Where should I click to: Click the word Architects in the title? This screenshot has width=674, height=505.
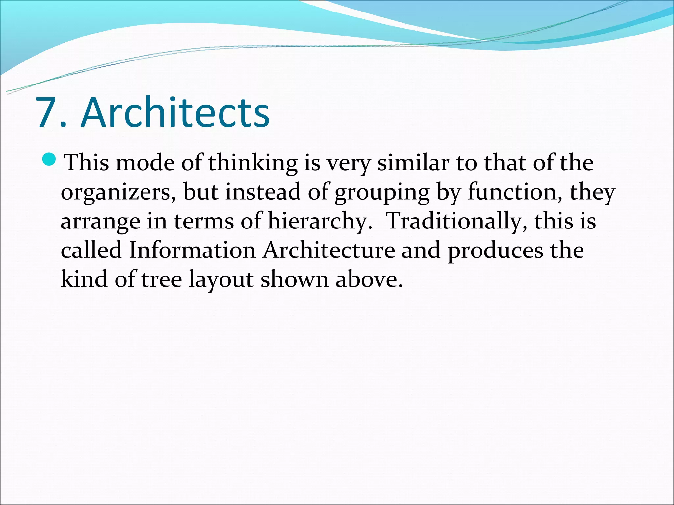[175, 112]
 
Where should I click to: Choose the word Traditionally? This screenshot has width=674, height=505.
[456, 221]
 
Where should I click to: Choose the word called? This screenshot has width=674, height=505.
[91, 250]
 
